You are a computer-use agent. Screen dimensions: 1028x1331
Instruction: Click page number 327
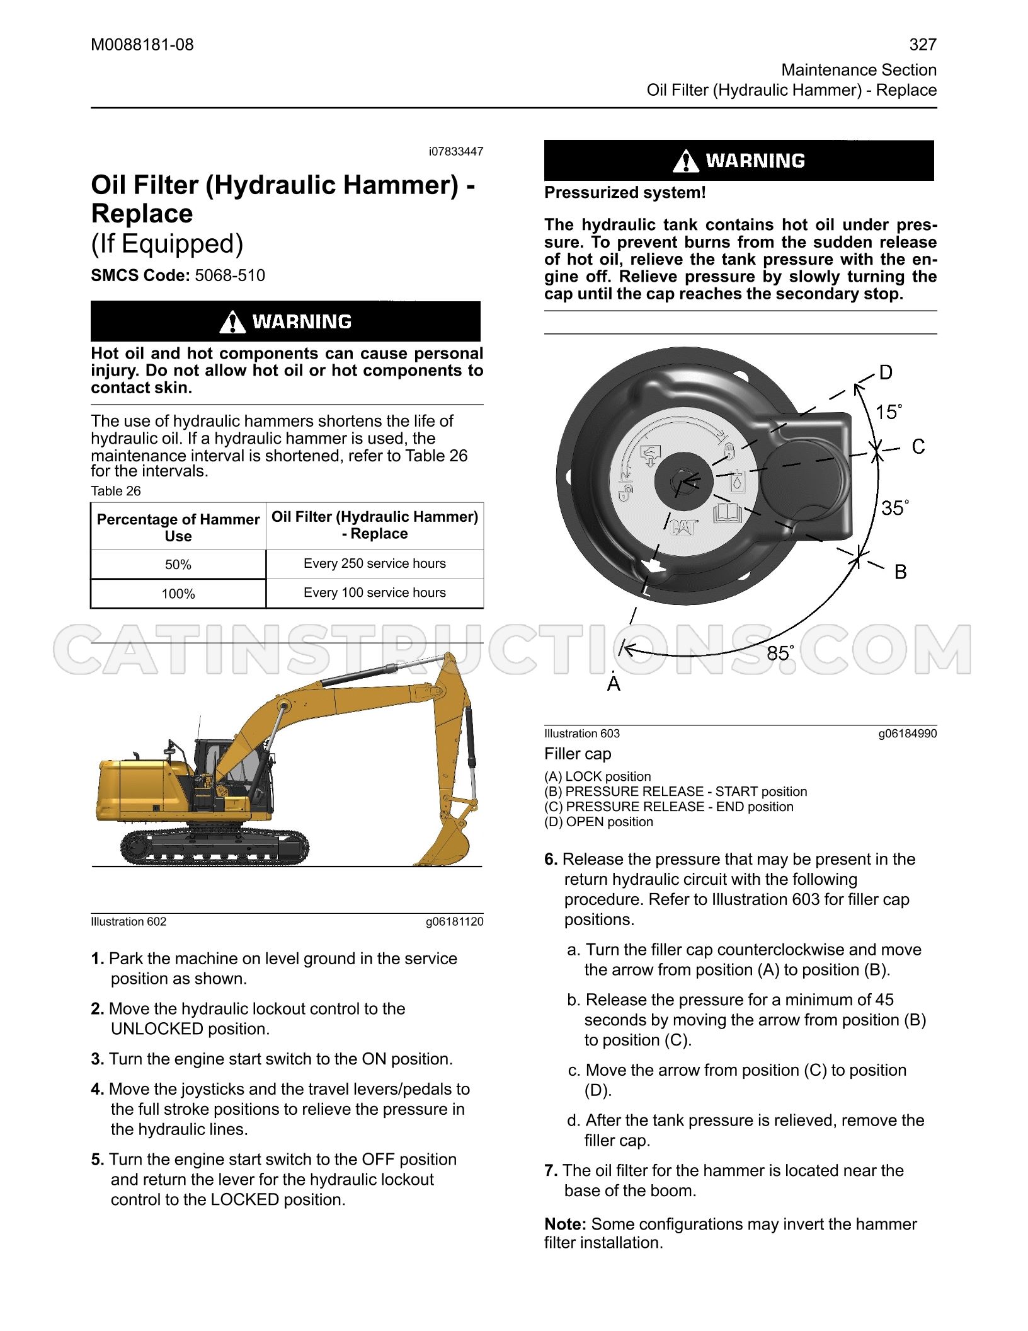click(923, 45)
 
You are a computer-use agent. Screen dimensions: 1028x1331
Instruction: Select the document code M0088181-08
click(142, 45)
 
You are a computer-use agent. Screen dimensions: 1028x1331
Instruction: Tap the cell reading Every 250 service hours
click(375, 563)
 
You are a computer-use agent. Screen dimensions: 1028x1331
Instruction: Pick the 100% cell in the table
click(178, 594)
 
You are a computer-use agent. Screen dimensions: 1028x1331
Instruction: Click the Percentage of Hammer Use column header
click(178, 527)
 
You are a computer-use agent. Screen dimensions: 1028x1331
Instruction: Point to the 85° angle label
click(780, 653)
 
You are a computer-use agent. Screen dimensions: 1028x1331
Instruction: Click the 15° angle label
click(889, 412)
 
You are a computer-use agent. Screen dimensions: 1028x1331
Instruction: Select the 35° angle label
click(895, 507)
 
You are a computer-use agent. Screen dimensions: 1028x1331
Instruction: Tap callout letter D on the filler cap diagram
click(886, 372)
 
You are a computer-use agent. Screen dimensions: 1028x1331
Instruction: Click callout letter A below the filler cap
click(614, 683)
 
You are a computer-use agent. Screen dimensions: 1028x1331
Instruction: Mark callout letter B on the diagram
click(901, 572)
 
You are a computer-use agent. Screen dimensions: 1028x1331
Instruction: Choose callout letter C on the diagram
click(918, 447)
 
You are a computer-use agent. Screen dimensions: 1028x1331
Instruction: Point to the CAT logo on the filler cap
click(683, 526)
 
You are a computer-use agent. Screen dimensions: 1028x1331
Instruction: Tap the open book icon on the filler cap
click(728, 513)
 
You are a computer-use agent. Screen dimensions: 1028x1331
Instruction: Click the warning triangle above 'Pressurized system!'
click(685, 161)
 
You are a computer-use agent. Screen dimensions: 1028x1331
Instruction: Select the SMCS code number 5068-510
click(230, 275)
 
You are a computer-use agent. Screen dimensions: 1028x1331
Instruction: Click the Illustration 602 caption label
click(128, 921)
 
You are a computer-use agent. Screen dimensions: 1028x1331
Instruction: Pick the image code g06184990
click(908, 734)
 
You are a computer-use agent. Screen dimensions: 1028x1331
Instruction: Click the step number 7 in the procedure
click(551, 1170)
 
